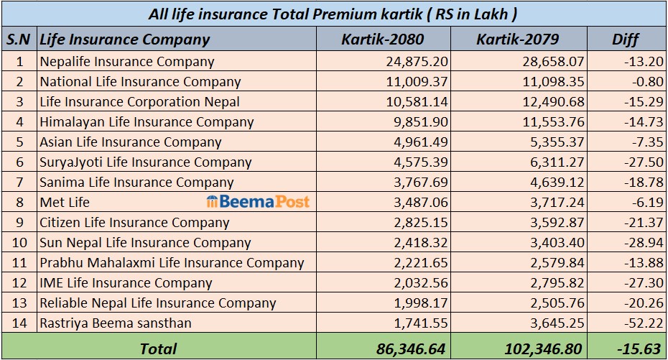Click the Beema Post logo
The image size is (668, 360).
[x=258, y=202]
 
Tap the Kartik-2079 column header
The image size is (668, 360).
[x=518, y=39]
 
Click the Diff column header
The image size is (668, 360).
[x=625, y=39]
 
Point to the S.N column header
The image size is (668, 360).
[x=19, y=39]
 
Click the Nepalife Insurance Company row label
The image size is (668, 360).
[x=127, y=62]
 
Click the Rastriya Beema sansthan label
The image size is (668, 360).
[x=116, y=323]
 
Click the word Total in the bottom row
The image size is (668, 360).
[x=158, y=349]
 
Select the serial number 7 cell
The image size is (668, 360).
[x=19, y=183]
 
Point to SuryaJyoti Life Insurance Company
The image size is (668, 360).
[x=146, y=162]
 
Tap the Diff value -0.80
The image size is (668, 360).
[x=646, y=82]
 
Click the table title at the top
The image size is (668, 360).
[x=333, y=14]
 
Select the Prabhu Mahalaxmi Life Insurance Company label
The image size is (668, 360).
[x=172, y=263]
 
